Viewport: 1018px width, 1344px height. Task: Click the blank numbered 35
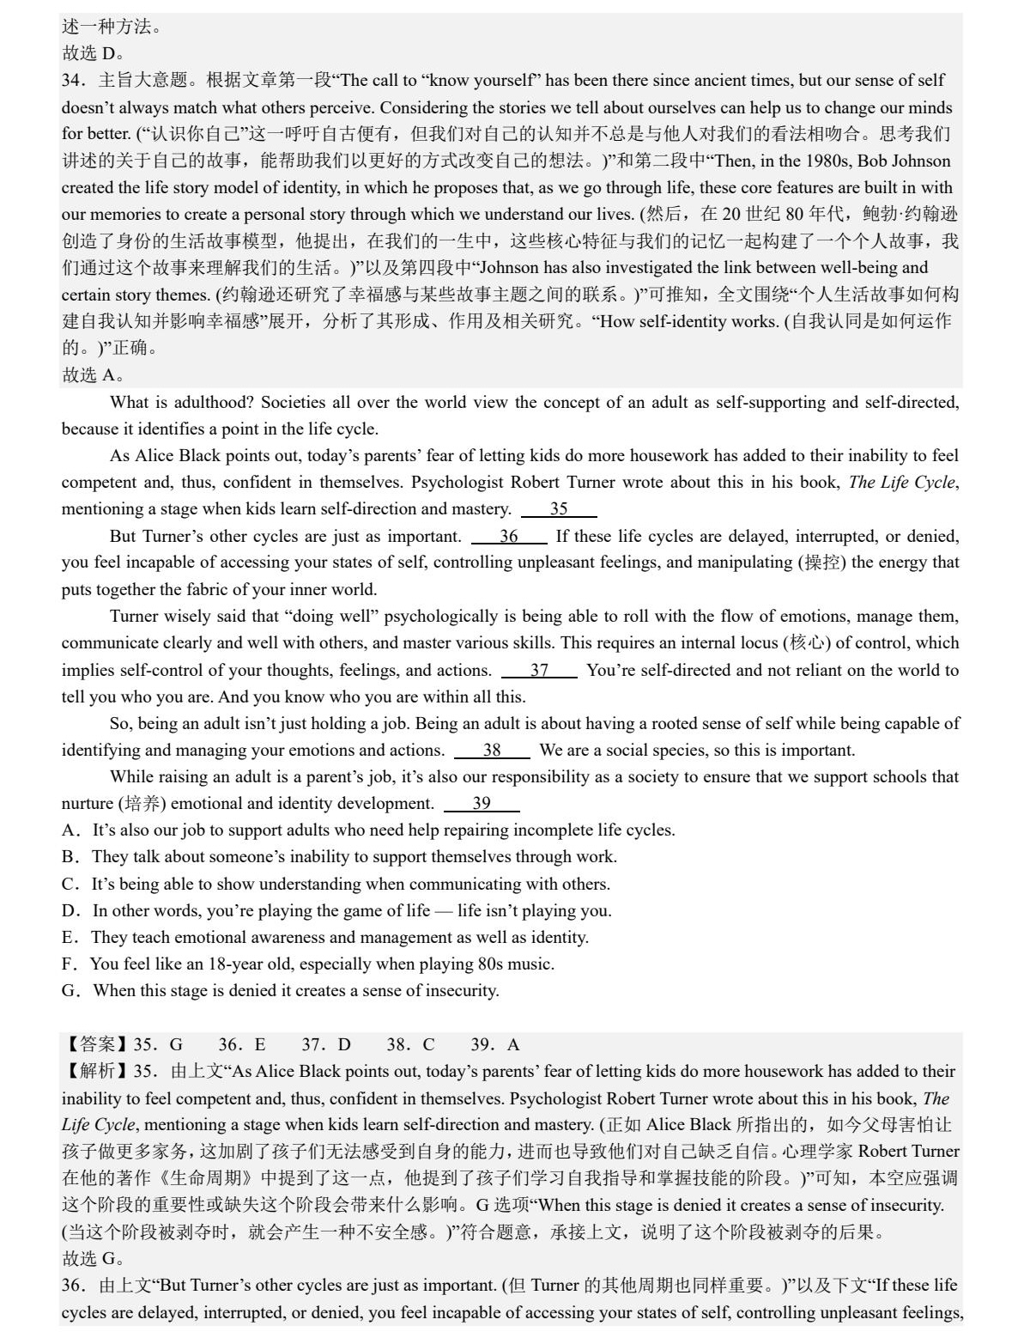(559, 509)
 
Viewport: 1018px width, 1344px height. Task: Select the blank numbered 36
(509, 537)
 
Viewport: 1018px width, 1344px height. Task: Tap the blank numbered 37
(539, 671)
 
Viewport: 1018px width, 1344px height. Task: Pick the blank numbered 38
(492, 751)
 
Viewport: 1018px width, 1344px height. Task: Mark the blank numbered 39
(482, 804)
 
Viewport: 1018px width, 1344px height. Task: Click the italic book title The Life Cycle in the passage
(901, 483)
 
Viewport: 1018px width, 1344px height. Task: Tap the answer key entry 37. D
(326, 1045)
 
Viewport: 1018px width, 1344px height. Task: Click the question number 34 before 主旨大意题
(73, 81)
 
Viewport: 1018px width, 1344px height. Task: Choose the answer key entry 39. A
(495, 1045)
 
